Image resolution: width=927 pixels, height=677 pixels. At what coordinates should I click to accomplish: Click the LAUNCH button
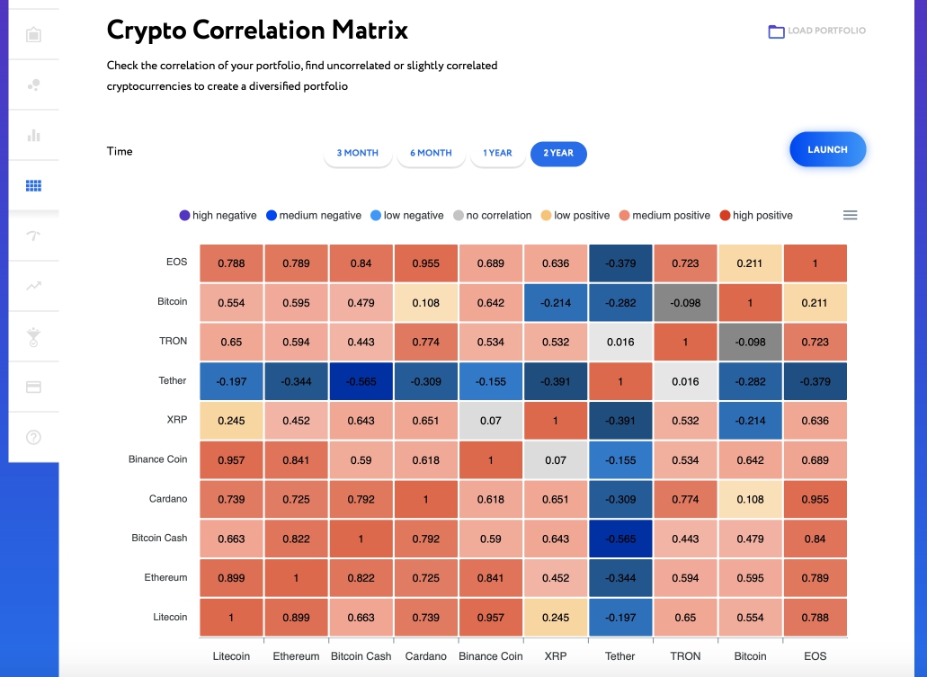point(827,149)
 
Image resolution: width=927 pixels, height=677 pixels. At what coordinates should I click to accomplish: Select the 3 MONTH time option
point(358,154)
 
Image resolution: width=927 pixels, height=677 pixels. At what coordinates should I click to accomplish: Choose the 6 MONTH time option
point(431,154)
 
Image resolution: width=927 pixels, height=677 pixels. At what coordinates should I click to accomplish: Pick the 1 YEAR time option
point(497,154)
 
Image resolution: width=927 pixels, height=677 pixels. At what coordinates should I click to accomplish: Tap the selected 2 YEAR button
point(558,154)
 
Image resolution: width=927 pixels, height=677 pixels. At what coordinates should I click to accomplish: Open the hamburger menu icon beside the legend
point(850,215)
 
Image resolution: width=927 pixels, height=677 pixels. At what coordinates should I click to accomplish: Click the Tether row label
point(173,381)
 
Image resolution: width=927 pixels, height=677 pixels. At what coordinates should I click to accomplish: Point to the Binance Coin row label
point(157,459)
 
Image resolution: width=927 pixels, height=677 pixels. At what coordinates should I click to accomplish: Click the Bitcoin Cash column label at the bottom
point(361,656)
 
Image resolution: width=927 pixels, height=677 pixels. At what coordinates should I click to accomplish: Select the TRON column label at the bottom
point(685,656)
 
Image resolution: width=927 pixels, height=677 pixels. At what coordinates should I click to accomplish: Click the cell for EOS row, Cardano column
point(425,263)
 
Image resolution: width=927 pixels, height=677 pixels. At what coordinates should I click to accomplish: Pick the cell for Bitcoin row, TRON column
point(685,303)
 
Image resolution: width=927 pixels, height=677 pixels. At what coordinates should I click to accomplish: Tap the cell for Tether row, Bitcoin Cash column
point(361,381)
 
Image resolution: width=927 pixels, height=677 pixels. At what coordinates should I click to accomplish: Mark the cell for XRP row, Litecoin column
point(231,421)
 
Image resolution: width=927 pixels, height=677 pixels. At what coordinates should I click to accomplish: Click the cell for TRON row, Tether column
point(620,343)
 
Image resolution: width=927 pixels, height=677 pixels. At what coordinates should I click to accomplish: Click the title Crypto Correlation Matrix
point(257,31)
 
